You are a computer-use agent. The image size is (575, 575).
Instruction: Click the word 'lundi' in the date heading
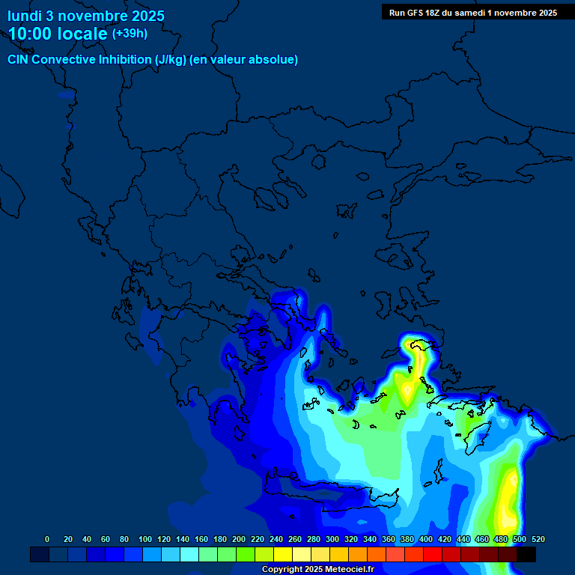(25, 16)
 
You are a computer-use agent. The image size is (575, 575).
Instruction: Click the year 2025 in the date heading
(146, 16)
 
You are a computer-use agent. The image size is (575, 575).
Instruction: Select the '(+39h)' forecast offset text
(130, 34)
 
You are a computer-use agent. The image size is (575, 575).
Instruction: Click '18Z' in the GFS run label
(433, 13)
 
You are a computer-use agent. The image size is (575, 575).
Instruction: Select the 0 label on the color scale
(47, 539)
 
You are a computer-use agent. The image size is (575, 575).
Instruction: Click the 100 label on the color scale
(145, 539)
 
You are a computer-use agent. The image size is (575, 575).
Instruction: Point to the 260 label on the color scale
(295, 539)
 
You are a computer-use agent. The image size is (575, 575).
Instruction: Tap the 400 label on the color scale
(426, 539)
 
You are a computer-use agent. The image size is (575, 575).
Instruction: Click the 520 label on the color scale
(538, 539)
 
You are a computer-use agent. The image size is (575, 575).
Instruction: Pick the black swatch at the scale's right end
(526, 554)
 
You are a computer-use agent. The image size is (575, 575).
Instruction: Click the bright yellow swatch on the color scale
(283, 554)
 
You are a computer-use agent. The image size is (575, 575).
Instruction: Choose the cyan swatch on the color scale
(189, 554)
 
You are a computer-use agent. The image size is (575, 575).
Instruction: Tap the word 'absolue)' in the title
(275, 60)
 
